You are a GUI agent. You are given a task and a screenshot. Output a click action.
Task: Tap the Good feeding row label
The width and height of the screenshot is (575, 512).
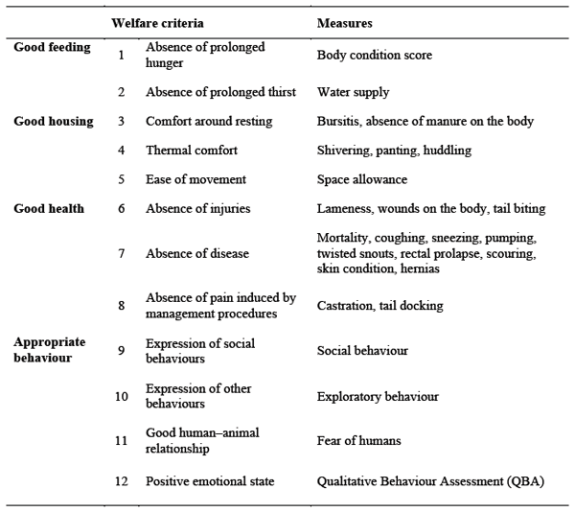pos(52,48)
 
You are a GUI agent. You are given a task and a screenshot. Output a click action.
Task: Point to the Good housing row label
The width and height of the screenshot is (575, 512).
pos(54,122)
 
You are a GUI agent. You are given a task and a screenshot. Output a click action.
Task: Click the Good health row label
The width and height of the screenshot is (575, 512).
pos(49,208)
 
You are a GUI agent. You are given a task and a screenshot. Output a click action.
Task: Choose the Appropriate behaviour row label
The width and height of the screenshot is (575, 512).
pos(50,349)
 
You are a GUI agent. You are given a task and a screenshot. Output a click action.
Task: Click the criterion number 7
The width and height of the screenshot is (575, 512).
pos(122,254)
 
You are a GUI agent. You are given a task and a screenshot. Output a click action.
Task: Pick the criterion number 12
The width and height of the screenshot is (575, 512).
pos(122,481)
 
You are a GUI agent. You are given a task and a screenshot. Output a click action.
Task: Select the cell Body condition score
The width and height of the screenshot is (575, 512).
pos(375,56)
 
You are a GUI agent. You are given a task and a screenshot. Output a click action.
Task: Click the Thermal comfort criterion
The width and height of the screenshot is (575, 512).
pos(192,151)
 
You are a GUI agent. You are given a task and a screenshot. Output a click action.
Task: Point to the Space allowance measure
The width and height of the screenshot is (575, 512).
pos(362,179)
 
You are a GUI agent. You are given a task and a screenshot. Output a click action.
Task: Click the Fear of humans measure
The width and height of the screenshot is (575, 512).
pos(359,441)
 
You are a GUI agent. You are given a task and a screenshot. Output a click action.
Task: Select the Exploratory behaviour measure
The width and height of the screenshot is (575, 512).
pos(378,396)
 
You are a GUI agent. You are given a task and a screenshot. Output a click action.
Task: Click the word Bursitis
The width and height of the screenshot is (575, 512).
pos(337,122)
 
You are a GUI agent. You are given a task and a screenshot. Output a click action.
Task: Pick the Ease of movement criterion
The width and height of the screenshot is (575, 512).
pos(195,179)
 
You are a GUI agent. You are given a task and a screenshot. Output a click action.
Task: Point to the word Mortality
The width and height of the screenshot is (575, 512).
pos(342,237)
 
